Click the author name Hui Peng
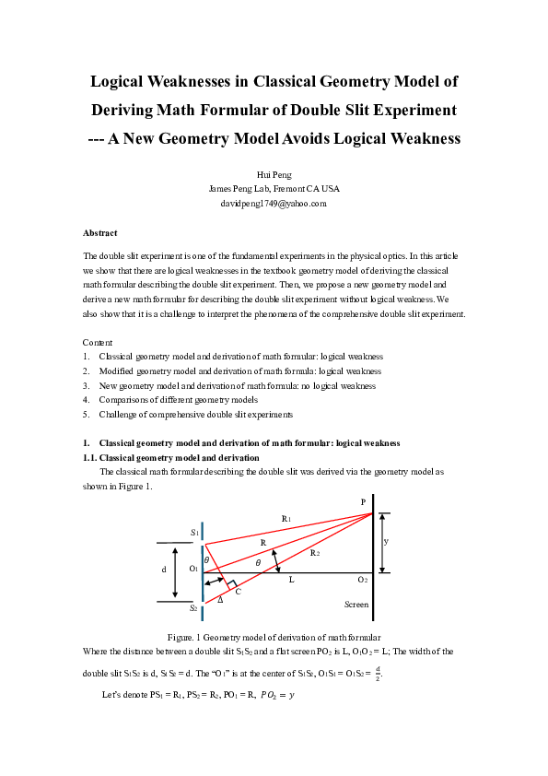274,173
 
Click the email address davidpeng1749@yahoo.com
274,203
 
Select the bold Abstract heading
99,233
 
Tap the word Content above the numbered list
98,342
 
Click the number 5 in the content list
86,415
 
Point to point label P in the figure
363,502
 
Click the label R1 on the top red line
286,519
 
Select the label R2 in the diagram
315,552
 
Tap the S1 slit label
194,533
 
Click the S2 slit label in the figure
194,608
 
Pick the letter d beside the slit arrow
164,570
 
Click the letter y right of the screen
386,542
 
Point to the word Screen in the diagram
356,605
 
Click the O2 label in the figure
363,580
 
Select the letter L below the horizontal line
292,580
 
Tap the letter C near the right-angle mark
238,591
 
